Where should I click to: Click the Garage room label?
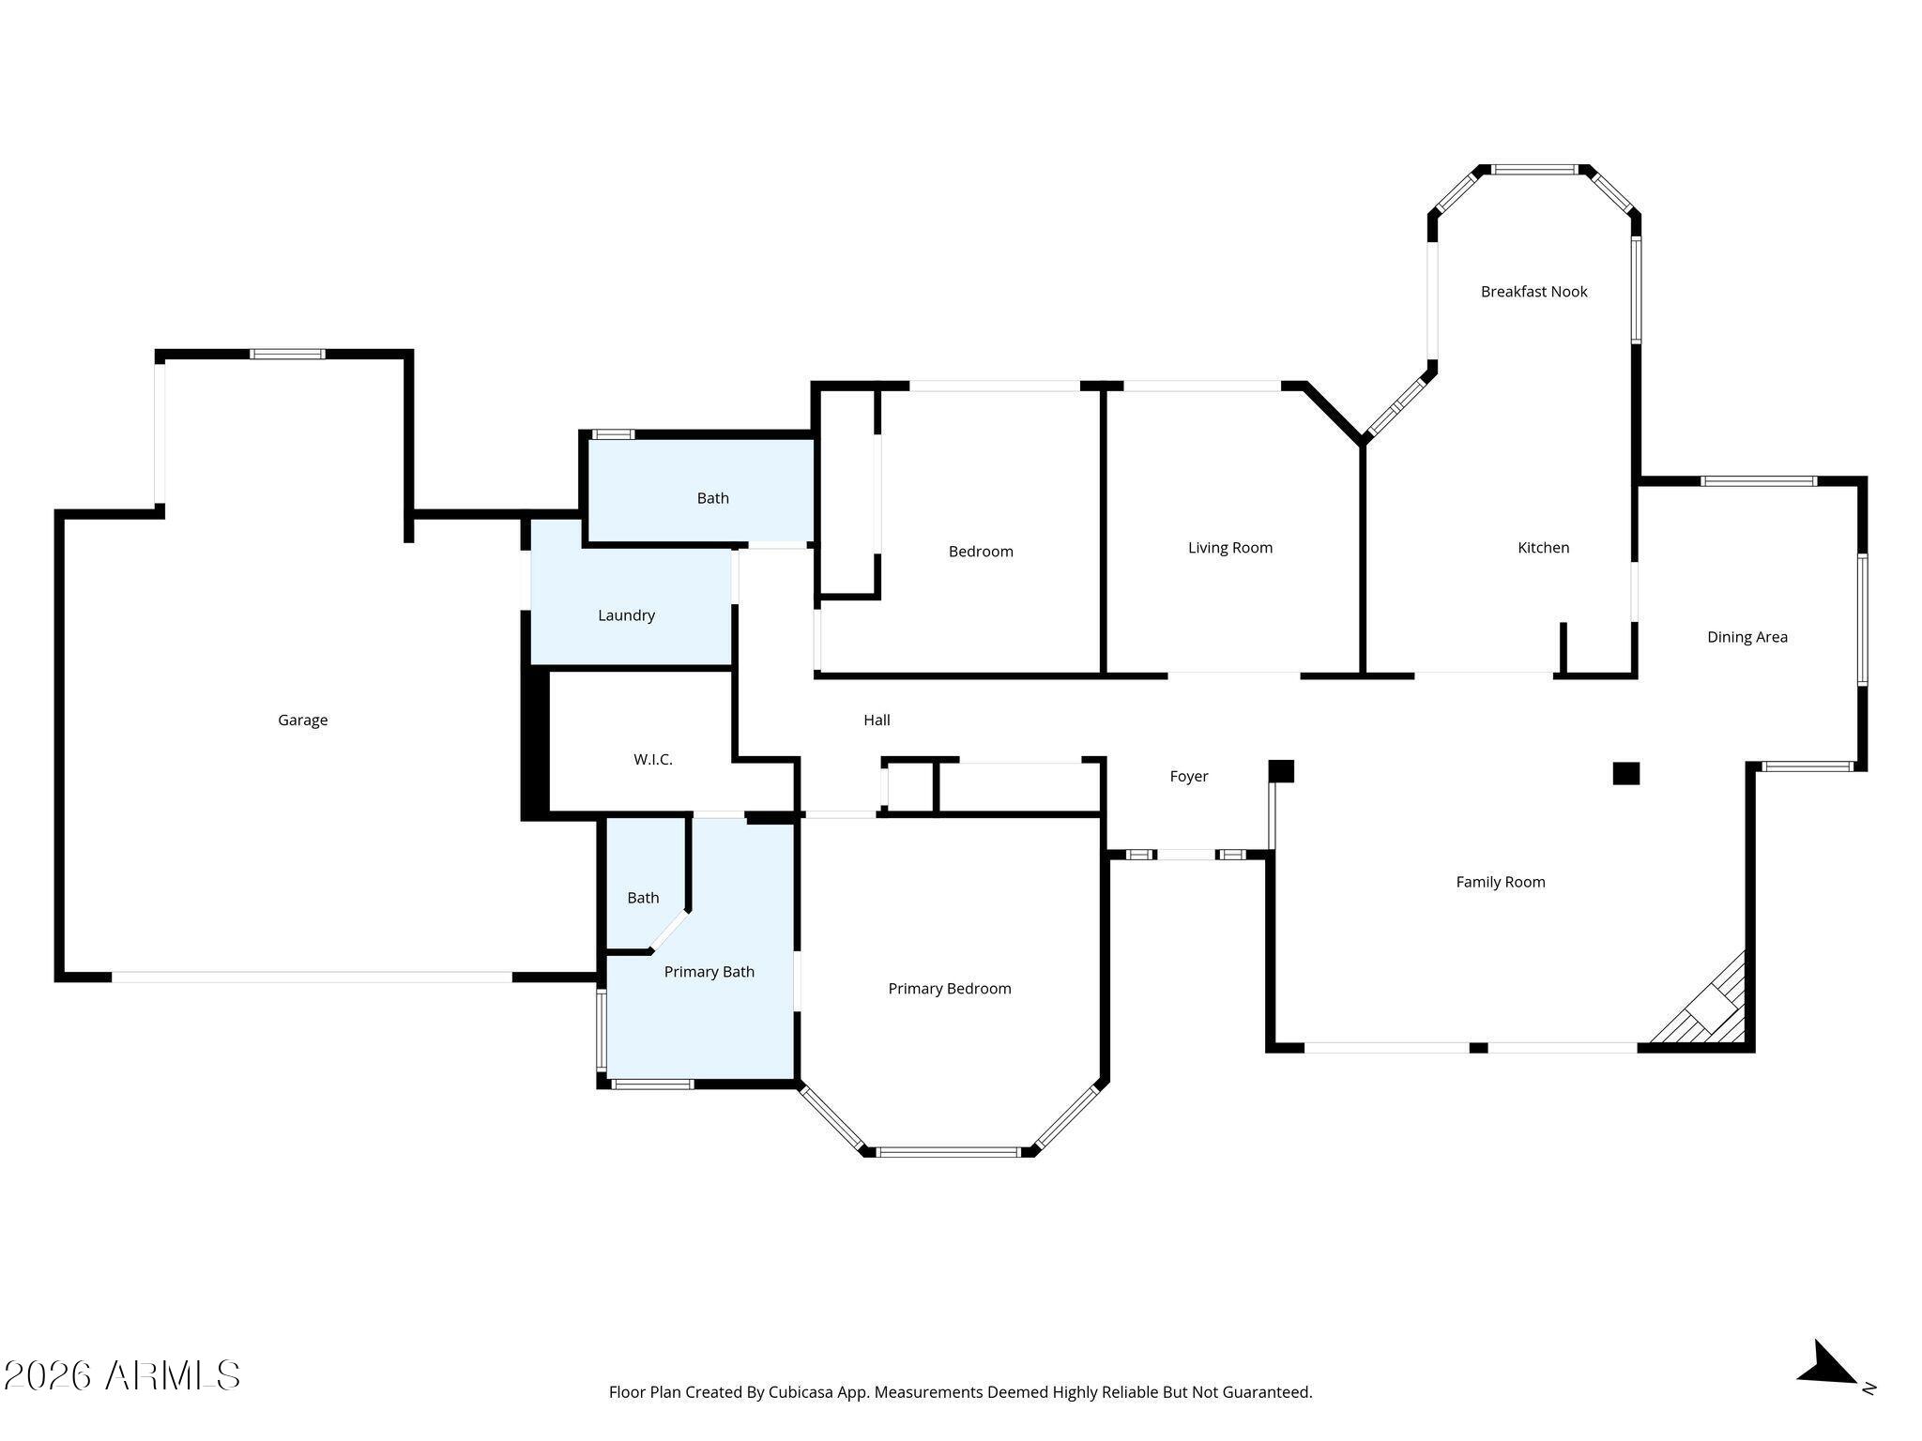[x=302, y=720]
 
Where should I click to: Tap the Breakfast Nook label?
[x=1533, y=292]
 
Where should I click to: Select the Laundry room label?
[x=626, y=615]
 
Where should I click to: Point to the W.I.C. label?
[x=652, y=760]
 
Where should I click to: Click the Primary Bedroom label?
[x=949, y=989]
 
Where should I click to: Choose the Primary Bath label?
[x=709, y=972]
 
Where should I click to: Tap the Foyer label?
[x=1188, y=777]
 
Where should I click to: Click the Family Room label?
[x=1500, y=882]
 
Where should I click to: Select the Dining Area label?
[x=1747, y=637]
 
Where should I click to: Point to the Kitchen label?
[x=1543, y=548]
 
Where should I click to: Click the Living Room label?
[x=1229, y=548]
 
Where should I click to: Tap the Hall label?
[x=877, y=720]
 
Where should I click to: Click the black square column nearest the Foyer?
[x=1281, y=771]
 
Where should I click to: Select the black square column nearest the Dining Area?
[x=1625, y=774]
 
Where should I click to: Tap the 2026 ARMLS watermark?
[x=122, y=1376]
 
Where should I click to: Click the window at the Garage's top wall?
[x=287, y=355]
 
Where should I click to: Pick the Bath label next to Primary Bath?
[x=643, y=898]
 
